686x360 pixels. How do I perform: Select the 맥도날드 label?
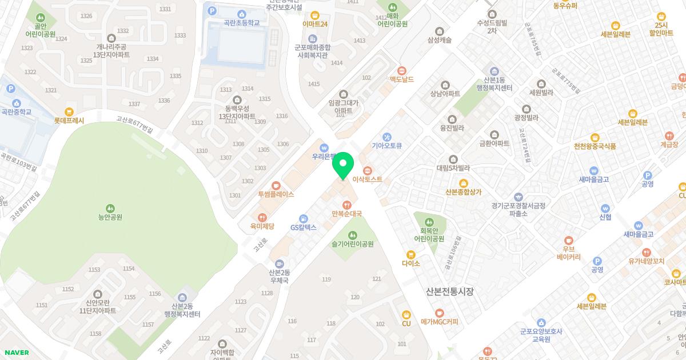(402, 79)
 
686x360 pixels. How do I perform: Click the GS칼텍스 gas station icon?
(304, 218)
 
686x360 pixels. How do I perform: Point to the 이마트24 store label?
(315, 24)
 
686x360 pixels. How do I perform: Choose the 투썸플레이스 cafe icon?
(276, 185)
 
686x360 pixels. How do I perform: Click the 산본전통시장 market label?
(450, 291)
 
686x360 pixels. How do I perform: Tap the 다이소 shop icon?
(410, 255)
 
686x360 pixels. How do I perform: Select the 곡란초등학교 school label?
(242, 23)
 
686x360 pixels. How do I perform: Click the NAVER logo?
(16, 353)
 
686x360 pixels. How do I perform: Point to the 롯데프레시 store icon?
(69, 111)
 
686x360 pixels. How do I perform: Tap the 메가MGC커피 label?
(440, 322)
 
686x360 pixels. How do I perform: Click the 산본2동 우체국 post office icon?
(279, 263)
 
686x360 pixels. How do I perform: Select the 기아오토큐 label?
(387, 146)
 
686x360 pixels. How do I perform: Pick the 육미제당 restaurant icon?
(262, 217)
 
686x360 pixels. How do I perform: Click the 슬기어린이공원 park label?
(353, 244)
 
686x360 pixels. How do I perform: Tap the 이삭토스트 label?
(368, 179)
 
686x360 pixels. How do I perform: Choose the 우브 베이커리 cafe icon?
(568, 241)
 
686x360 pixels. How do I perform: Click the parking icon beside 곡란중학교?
(11, 89)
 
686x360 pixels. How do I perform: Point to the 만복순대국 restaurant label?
(346, 214)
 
